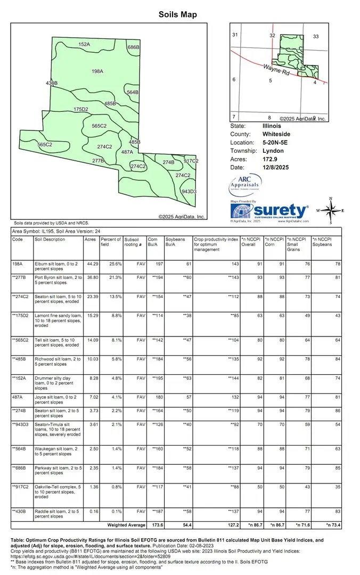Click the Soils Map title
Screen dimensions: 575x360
tap(178, 14)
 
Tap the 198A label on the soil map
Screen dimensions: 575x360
tap(97, 71)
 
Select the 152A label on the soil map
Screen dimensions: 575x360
tap(84, 44)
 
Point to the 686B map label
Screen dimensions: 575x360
tap(133, 47)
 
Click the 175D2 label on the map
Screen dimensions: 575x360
tap(80, 109)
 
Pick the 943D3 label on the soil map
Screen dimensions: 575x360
tap(189, 191)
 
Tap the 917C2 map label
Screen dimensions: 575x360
tap(191, 161)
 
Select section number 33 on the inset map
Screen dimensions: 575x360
tap(315, 36)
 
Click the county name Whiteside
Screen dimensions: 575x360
tap(276, 134)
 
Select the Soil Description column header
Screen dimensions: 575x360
tap(50, 240)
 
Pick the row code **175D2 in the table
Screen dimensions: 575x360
tap(21, 316)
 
